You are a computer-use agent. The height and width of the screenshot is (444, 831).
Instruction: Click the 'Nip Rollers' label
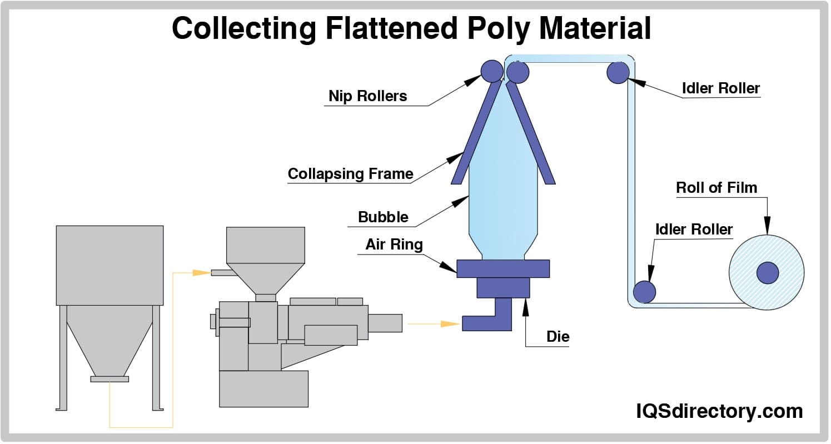(367, 96)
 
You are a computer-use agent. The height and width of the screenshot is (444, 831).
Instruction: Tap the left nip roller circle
(491, 71)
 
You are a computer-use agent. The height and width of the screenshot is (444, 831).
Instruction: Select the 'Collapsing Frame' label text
(350, 174)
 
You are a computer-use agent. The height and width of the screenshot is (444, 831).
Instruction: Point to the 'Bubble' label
(383, 217)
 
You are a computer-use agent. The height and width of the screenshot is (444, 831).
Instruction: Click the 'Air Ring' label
(394, 245)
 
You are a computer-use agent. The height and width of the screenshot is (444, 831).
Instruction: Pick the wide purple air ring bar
(503, 268)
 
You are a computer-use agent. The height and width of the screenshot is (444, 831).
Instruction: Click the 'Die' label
(558, 337)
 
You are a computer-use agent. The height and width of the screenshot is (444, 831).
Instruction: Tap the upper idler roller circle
(618, 72)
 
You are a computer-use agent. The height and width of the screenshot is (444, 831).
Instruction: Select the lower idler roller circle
(645, 291)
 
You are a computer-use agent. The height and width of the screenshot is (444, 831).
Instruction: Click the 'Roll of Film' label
(716, 188)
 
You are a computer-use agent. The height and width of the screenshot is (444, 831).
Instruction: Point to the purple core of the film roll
(768, 272)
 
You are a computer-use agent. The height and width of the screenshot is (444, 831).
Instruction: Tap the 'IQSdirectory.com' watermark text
(719, 412)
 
